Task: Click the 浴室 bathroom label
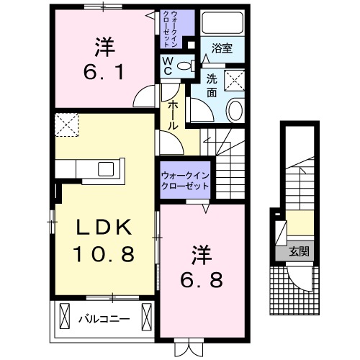222,49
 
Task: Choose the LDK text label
104,228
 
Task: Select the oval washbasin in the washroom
235,110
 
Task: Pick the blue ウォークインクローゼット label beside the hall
185,179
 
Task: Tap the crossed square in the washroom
235,80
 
